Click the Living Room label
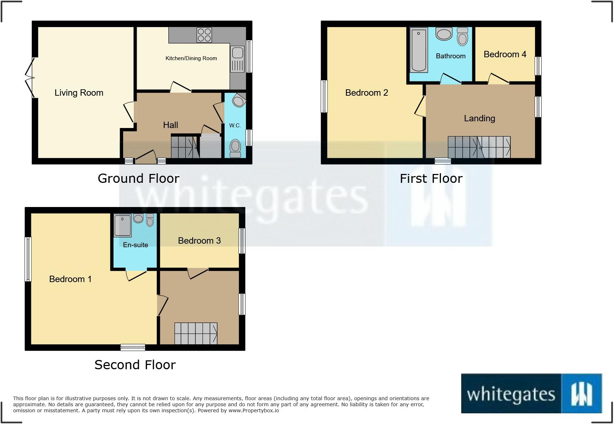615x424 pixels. click(79, 93)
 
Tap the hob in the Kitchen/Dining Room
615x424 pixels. click(204, 35)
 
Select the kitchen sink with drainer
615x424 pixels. click(237, 59)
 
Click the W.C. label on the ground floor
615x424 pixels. click(235, 125)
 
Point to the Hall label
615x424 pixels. click(170, 125)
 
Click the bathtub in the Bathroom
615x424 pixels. click(419, 50)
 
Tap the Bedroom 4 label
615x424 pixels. click(505, 54)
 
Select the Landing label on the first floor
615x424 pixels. click(479, 118)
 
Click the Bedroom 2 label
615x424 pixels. click(367, 93)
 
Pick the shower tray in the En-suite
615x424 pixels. click(122, 225)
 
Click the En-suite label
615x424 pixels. click(135, 245)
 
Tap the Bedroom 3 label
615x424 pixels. click(199, 240)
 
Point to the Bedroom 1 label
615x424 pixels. click(70, 279)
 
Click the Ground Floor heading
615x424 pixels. click(138, 178)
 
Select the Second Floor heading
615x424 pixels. click(135, 365)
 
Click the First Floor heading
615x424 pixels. click(431, 178)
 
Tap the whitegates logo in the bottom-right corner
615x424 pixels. click(531, 393)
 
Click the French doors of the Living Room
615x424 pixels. click(30, 77)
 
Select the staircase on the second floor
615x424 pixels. click(196, 333)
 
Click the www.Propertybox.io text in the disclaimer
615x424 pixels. click(254, 410)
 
